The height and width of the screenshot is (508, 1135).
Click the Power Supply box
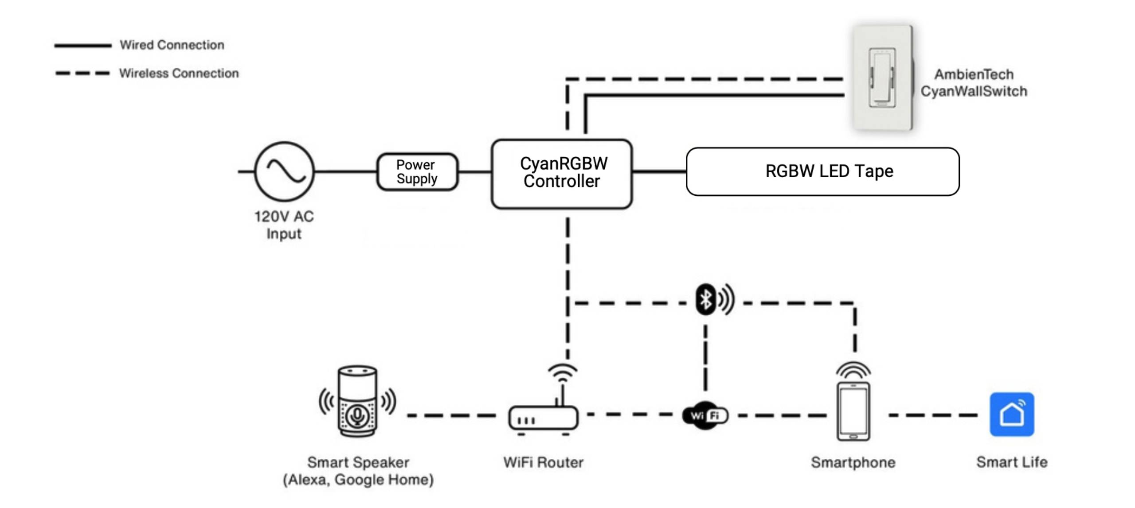click(x=417, y=172)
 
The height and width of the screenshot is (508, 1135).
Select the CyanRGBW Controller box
click(x=561, y=173)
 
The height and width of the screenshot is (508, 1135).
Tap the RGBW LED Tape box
click(x=822, y=171)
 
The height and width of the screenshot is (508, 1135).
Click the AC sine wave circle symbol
click(x=284, y=171)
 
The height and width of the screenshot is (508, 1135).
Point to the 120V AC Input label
click(x=284, y=225)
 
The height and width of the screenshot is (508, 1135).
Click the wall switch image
click(x=882, y=78)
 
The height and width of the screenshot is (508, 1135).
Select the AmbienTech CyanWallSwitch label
click(x=974, y=83)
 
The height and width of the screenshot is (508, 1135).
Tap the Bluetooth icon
click(x=706, y=299)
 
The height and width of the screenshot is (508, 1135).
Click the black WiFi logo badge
click(x=705, y=415)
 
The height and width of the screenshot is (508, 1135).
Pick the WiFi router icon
click(x=544, y=416)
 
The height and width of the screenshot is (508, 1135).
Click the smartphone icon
click(x=853, y=411)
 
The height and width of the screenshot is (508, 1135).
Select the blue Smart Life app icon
click(x=1012, y=414)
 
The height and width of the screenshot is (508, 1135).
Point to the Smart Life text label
click(x=1012, y=462)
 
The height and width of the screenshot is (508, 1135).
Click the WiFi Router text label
click(x=543, y=462)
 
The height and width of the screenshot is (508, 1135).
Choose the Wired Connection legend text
click(x=172, y=45)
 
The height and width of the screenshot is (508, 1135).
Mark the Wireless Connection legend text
click(x=179, y=73)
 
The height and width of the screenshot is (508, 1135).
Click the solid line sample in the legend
click(x=82, y=45)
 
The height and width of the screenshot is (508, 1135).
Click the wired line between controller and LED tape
click(x=659, y=171)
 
